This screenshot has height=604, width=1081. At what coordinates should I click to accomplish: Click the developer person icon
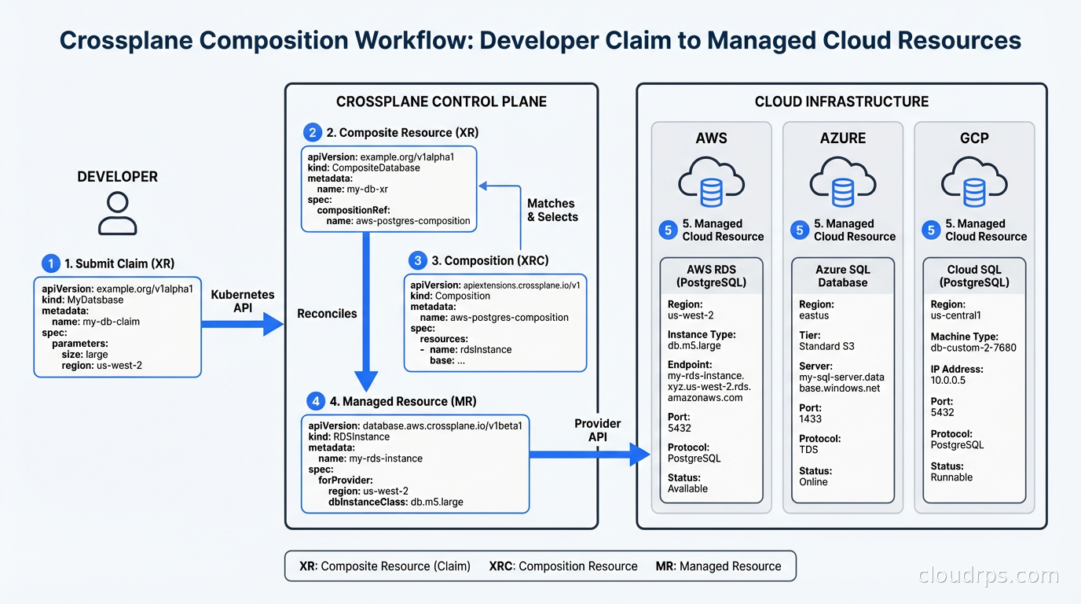[117, 213]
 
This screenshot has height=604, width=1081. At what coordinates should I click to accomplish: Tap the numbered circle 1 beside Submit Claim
[49, 263]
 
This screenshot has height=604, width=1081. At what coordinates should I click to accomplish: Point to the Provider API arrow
[589, 454]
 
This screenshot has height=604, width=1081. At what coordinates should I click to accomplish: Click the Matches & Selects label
[551, 210]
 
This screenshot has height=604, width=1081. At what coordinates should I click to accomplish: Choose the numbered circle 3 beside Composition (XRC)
[418, 260]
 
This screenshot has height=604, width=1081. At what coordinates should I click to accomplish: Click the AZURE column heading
[843, 138]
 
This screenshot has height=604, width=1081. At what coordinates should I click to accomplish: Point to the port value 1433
[810, 419]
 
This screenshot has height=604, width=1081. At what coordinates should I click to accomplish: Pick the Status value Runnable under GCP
[951, 477]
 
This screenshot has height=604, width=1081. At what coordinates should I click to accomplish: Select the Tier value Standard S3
[826, 346]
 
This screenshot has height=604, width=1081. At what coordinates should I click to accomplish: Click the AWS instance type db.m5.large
[694, 345]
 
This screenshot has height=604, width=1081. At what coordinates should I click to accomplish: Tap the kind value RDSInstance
[361, 436]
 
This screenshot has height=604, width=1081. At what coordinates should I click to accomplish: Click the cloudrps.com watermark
[988, 576]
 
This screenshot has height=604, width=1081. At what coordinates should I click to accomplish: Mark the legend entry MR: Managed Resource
[718, 566]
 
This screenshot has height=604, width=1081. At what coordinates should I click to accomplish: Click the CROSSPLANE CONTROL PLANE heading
[441, 101]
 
